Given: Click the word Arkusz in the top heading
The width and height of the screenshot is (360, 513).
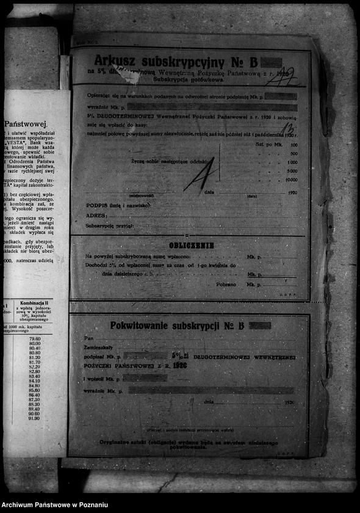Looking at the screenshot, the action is tap(116, 61).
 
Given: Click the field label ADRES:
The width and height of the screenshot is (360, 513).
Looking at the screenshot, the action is tap(97, 216).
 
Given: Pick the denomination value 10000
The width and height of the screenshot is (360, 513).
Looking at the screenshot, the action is tap(291, 180).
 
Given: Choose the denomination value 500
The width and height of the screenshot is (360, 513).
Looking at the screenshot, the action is tap(293, 153).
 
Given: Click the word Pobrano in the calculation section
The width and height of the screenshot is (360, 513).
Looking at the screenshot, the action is tap(225, 285).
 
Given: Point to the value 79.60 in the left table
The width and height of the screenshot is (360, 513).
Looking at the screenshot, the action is tap(34, 338).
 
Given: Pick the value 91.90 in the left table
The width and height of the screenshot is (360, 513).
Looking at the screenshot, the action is tap(34, 418).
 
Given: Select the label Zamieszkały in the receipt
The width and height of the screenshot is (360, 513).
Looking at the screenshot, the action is tap(98, 346).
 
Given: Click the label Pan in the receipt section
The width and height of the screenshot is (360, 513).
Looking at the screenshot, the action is tap(89, 338).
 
